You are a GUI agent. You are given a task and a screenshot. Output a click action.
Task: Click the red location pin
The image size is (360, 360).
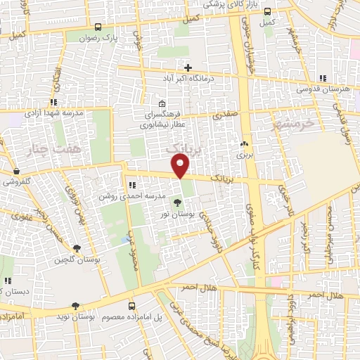coord(181,167)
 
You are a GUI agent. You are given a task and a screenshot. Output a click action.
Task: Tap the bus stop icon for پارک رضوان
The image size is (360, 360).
coord(98,28)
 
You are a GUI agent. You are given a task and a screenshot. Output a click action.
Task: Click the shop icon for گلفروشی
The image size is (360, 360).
coord(15,171)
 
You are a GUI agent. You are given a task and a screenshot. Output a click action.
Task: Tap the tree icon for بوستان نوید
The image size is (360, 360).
coord(75,305)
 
